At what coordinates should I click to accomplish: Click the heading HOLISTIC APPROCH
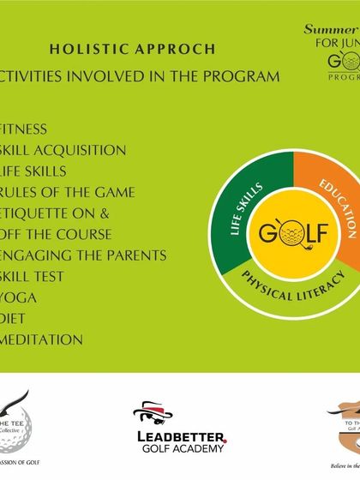pyautogui.click(x=132, y=49)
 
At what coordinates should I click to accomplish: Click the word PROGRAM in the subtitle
pyautogui.click(x=243, y=76)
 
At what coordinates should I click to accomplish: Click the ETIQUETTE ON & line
pyautogui.click(x=56, y=213)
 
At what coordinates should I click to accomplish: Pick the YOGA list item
pyautogui.click(x=21, y=297)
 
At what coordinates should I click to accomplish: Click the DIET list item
pyautogui.click(x=17, y=318)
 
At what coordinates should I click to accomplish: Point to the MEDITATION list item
pyautogui.click(x=42, y=339)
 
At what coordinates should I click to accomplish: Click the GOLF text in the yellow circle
pyautogui.click(x=294, y=233)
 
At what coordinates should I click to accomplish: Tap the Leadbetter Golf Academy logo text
pyautogui.click(x=182, y=441)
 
